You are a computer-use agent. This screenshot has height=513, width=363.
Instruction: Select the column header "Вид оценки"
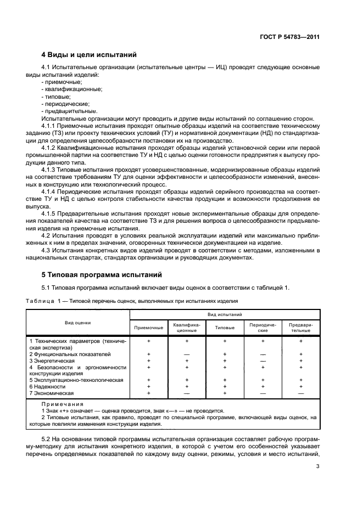tap(78, 323)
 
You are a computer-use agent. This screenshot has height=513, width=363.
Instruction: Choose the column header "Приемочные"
tap(149, 328)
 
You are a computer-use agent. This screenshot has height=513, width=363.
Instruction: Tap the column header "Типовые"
tap(225, 328)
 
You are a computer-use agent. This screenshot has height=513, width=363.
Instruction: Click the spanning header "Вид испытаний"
tap(225, 315)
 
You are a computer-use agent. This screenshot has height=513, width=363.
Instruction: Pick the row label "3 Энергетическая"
tap(52, 360)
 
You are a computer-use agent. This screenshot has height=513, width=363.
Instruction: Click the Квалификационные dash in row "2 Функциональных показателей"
tap(187, 354)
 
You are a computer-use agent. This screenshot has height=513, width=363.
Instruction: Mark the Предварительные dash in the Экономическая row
tap(300, 393)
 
